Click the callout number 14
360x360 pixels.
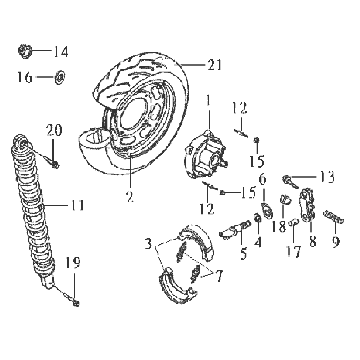(x=61, y=52)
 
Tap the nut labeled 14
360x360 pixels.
(x=24, y=51)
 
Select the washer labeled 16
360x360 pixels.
(x=60, y=77)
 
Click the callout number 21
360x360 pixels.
(x=214, y=64)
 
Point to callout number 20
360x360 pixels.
(x=54, y=130)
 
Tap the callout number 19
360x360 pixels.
(x=73, y=263)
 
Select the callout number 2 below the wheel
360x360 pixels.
(x=130, y=197)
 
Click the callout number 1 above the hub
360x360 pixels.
(x=209, y=100)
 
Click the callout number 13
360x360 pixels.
(x=326, y=177)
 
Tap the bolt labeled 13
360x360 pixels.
(x=290, y=182)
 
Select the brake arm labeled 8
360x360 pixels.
(x=309, y=205)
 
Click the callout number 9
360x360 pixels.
(x=335, y=241)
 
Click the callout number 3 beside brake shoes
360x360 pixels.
(x=148, y=244)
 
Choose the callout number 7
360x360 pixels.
(x=219, y=276)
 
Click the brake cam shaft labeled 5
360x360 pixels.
(x=235, y=230)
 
